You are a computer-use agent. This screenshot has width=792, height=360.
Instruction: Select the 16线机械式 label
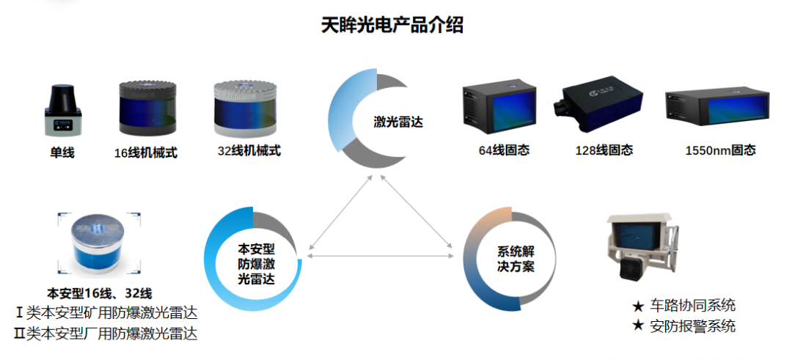pos(146,153)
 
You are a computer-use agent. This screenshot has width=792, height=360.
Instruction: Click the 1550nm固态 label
pos(720,150)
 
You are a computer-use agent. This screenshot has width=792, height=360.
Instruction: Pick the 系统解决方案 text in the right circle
pos(516,258)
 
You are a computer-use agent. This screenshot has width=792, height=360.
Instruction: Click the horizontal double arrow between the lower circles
pos(379,255)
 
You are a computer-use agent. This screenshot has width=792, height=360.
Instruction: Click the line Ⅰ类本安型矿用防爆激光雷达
pos(106,313)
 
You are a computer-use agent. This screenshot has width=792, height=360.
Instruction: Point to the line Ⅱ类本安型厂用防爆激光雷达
pos(106,334)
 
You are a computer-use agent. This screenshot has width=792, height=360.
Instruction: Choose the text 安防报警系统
pos(692,326)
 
